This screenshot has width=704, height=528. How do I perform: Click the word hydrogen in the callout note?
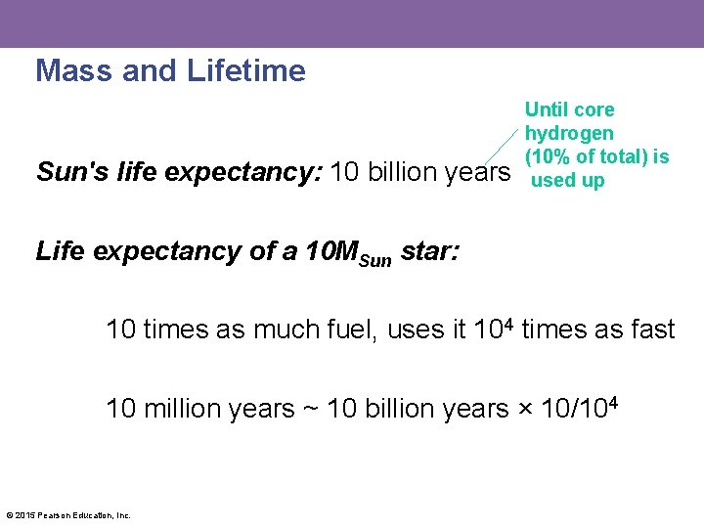[569, 133]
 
